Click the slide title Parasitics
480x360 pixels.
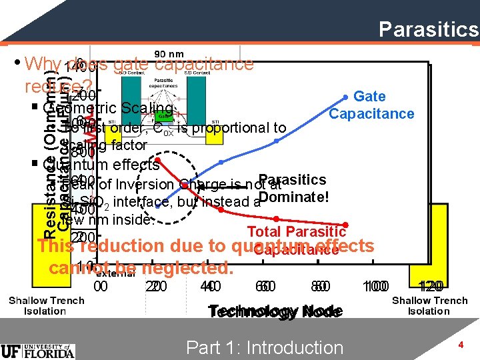(x=428, y=29)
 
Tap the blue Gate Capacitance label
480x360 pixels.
(x=371, y=105)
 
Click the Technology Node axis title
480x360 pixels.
(x=275, y=312)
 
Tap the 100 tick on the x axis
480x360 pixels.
(x=375, y=287)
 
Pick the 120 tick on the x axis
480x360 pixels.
(x=428, y=287)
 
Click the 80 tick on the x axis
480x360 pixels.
(x=320, y=287)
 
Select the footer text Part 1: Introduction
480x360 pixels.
(x=265, y=347)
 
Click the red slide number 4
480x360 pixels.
(x=460, y=344)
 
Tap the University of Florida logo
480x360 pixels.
(x=38, y=350)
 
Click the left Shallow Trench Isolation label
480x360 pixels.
(x=46, y=305)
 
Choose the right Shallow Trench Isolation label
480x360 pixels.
(x=429, y=305)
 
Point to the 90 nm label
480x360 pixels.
(x=169, y=53)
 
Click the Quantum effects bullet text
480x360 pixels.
(x=101, y=164)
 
